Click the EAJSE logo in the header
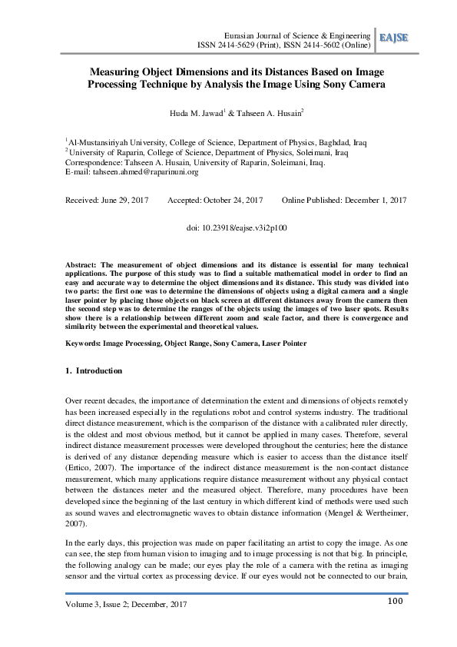(x=392, y=38)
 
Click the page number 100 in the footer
(x=396, y=602)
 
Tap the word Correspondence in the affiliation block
(x=93, y=162)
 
